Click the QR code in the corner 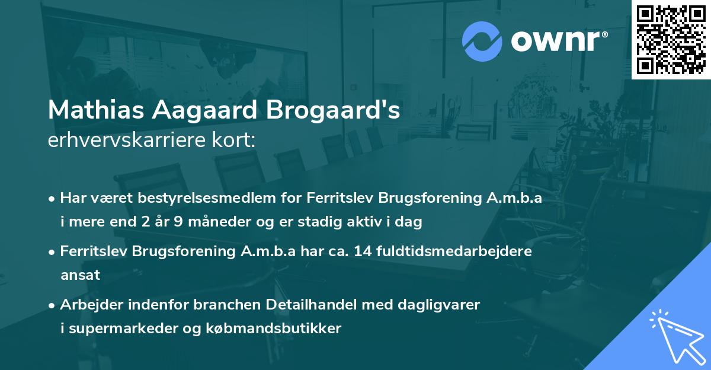coord(671,39)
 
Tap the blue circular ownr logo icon coord(482,42)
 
